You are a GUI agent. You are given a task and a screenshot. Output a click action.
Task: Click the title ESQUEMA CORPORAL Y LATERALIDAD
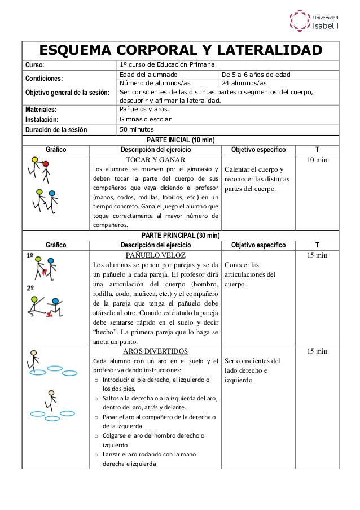(180, 50)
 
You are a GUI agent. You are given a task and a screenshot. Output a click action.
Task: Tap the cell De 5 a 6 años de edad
(256, 75)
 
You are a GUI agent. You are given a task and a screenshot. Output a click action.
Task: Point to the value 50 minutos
(138, 129)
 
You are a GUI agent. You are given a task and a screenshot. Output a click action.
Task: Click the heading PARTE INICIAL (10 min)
(180, 140)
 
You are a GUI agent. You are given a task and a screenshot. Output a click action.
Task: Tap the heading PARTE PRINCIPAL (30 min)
(180, 235)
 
